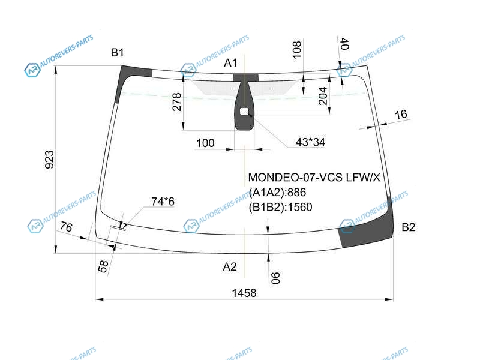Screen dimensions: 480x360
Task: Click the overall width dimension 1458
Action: point(244,293)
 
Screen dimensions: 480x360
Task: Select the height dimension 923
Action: point(49,160)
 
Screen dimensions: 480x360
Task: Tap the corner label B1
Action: point(117,53)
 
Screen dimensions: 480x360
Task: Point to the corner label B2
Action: point(409,227)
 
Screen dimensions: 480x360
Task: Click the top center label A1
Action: point(230,63)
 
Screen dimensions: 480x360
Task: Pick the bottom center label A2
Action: point(230,266)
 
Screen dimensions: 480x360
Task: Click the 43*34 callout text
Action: point(310,142)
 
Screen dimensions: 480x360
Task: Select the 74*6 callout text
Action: point(163,202)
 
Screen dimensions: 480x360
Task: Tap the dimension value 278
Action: point(177,102)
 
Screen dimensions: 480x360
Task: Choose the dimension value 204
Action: point(323,96)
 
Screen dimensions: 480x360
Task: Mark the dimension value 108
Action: point(296,49)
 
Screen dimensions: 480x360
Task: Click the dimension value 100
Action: point(205,143)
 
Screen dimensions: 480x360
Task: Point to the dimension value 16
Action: point(401,115)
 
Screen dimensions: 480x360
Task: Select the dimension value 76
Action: point(66,227)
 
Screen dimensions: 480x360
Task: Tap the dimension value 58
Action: point(103,266)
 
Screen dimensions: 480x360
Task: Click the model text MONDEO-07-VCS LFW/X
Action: point(314,178)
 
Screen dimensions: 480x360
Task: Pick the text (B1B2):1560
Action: point(280,207)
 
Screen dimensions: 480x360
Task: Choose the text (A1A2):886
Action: point(277,192)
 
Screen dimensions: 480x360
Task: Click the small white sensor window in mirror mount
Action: point(244,112)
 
